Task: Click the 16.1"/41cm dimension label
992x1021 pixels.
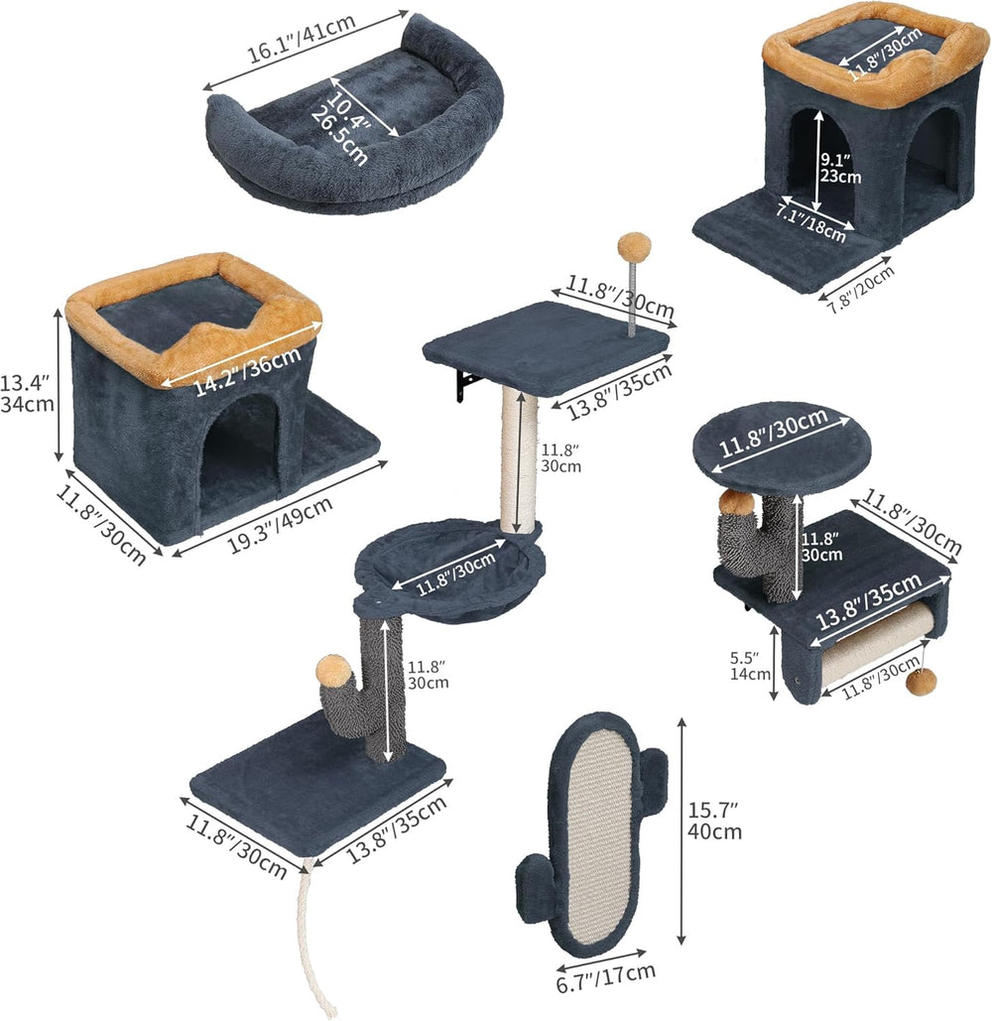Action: click(x=302, y=38)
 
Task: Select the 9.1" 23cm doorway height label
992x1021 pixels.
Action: click(x=840, y=168)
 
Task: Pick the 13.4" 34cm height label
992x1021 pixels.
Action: click(x=27, y=393)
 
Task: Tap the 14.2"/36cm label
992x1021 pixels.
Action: click(x=247, y=370)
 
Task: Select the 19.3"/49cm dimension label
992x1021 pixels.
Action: click(x=281, y=524)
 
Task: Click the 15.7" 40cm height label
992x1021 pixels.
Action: click(x=714, y=821)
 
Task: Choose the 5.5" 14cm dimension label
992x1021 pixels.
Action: click(x=750, y=666)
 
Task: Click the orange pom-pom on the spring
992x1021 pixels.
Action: click(x=631, y=247)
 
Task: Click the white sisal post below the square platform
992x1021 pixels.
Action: click(x=520, y=461)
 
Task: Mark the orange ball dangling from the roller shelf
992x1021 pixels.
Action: click(x=923, y=683)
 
